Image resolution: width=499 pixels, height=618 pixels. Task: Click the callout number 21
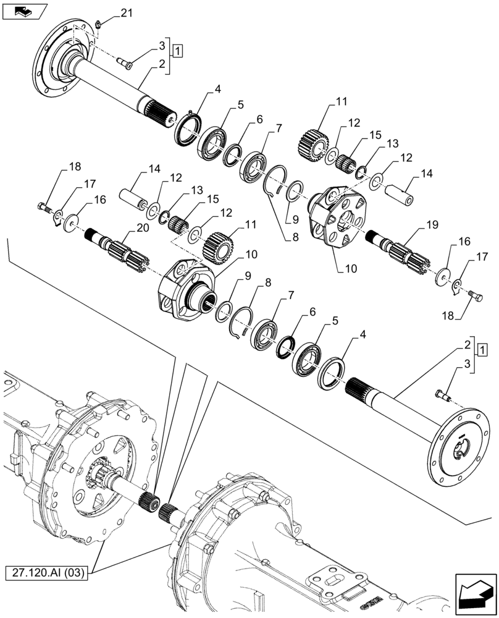[x=126, y=13]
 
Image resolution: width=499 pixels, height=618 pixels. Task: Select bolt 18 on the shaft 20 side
[x=43, y=206]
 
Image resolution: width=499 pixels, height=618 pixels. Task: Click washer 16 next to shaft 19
[x=442, y=276]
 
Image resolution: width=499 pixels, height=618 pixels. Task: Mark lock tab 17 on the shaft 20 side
[x=57, y=216]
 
